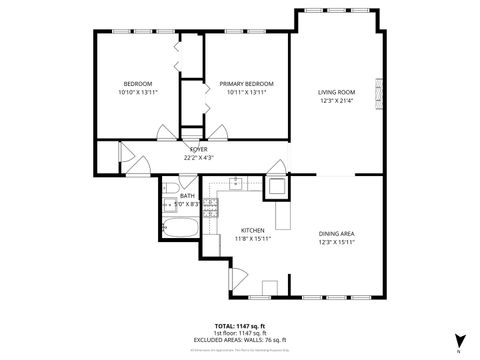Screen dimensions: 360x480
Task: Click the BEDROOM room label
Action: [137, 84]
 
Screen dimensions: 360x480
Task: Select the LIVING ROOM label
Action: [337, 91]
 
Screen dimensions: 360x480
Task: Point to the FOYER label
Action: [199, 149]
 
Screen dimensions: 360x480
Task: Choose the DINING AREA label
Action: [337, 233]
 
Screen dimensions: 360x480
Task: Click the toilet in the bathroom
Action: [170, 187]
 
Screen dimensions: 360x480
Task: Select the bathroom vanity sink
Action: [169, 205]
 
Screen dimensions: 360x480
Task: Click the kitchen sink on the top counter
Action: [235, 183]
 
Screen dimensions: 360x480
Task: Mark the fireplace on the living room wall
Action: [377, 93]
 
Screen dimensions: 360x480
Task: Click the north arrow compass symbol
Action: [458, 340]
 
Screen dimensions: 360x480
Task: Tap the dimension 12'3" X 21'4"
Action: [337, 100]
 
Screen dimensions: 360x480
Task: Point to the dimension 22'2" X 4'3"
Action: [199, 157]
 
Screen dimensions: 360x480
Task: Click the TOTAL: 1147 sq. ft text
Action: [240, 326]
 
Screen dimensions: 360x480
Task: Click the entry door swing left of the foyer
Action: [127, 155]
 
